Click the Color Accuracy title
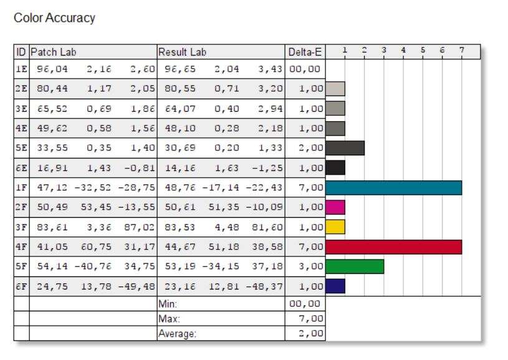point(54,18)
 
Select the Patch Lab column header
point(54,52)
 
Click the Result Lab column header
point(182,52)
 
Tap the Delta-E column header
point(305,52)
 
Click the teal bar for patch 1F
point(393,187)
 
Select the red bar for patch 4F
point(393,246)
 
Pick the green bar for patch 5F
point(355,266)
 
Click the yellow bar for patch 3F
point(335,227)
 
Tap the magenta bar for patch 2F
point(335,207)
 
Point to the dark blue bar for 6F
point(335,286)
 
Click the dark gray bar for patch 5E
point(345,148)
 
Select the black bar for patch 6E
point(335,168)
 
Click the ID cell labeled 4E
point(21,128)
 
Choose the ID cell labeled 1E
point(21,69)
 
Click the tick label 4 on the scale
point(403,50)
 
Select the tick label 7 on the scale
point(461,50)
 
